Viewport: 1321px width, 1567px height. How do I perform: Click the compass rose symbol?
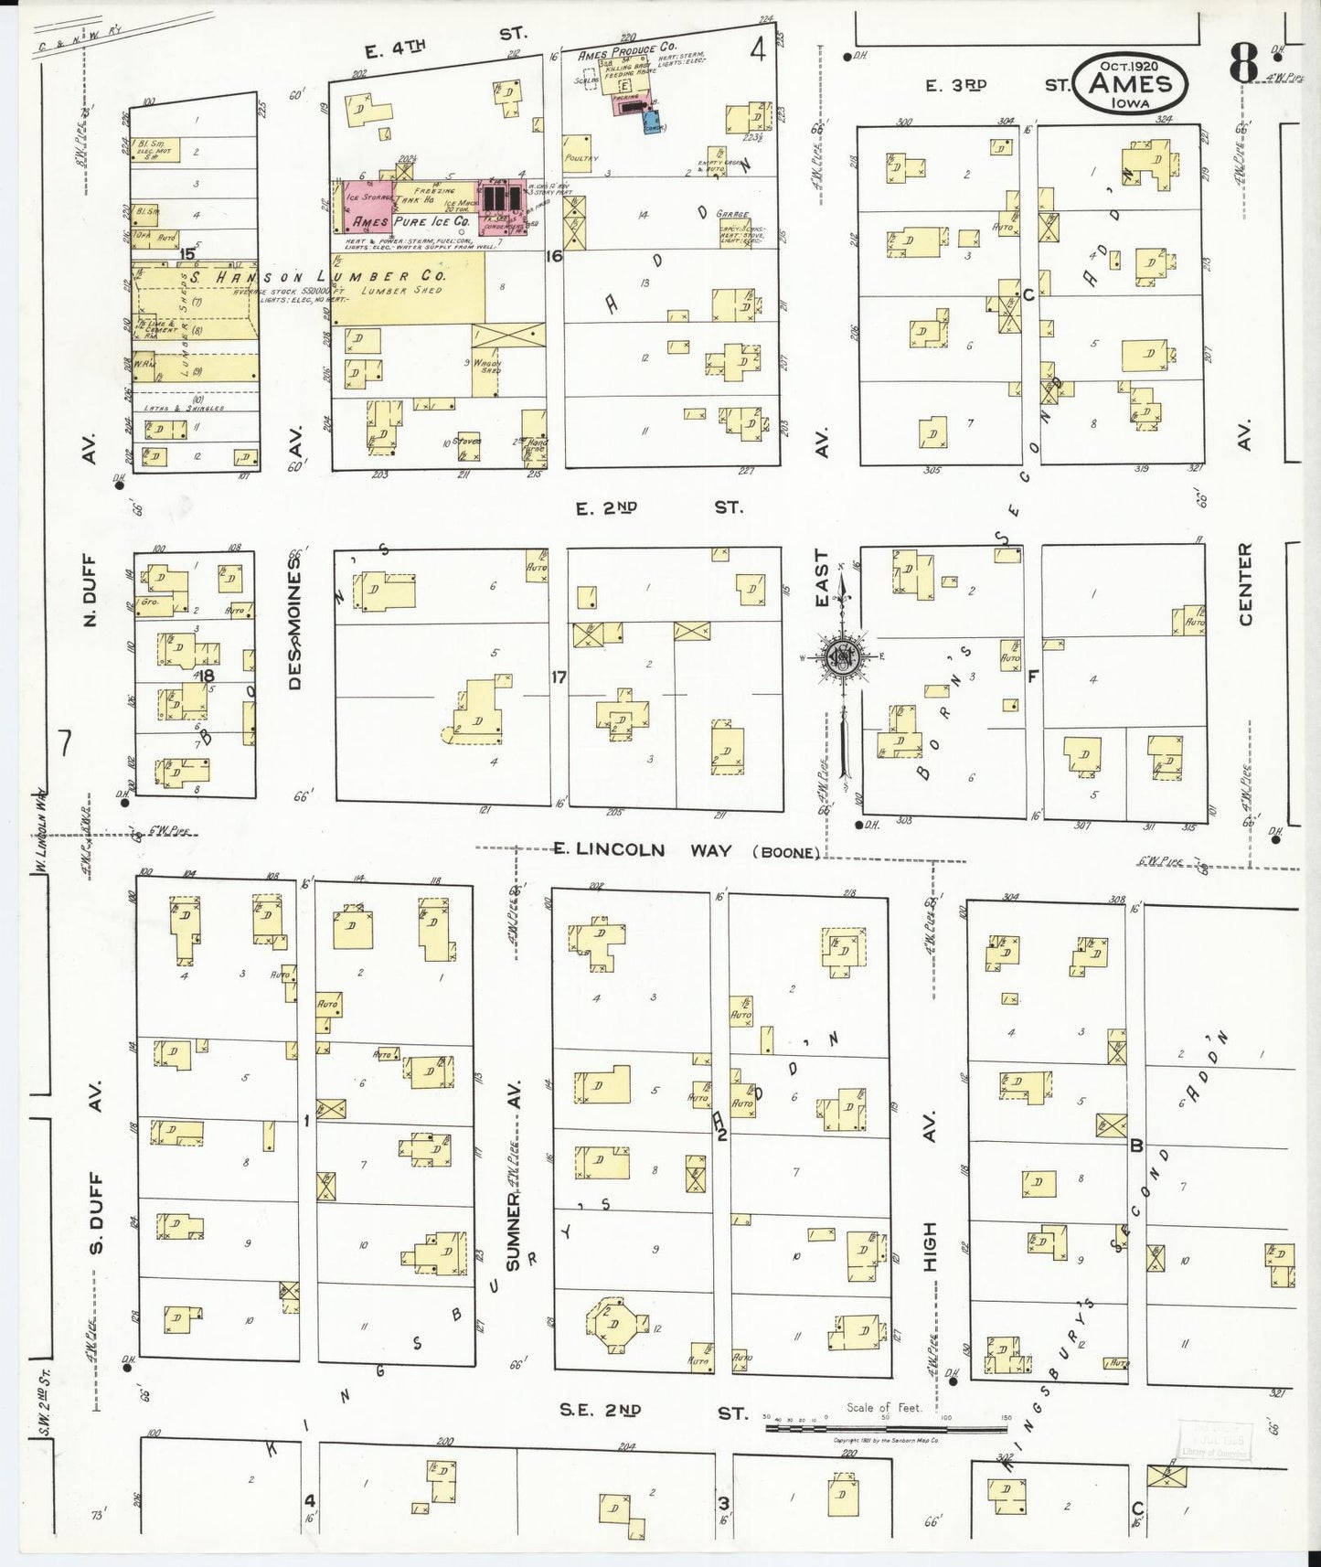click(841, 657)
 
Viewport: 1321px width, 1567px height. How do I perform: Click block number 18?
click(207, 676)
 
